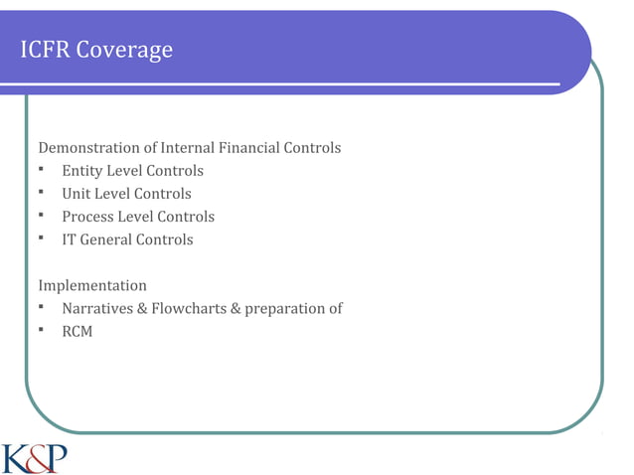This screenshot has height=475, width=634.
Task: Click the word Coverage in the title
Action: (126, 51)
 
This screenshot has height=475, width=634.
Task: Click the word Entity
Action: (83, 171)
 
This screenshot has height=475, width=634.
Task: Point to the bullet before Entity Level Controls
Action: (43, 170)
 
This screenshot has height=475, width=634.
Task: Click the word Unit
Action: (77, 194)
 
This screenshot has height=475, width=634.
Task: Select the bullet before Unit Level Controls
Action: (43, 193)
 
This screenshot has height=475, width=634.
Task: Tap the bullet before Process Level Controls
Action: (43, 216)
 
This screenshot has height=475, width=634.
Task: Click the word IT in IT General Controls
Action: (70, 239)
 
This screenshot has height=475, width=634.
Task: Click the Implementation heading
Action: (91, 285)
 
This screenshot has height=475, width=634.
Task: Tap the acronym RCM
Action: (77, 331)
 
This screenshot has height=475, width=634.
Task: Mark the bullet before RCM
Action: (43, 330)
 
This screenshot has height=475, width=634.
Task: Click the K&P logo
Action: (35, 458)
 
